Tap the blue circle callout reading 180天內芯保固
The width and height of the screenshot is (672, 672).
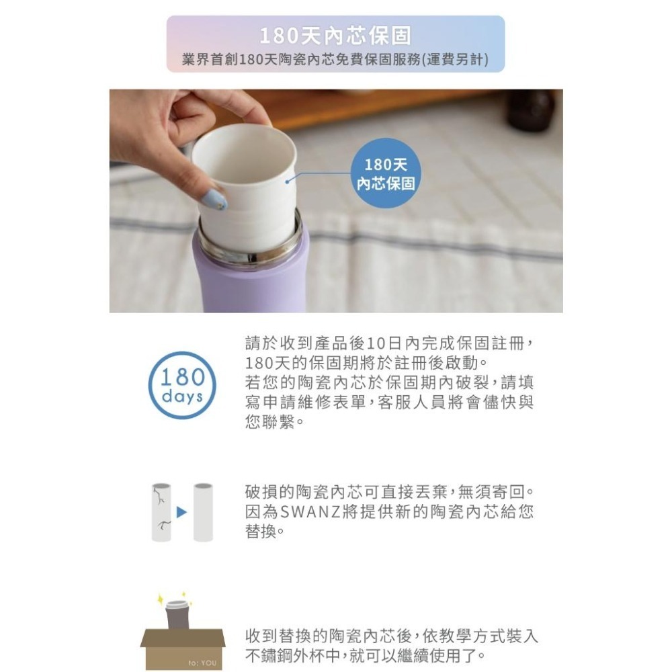click(x=385, y=173)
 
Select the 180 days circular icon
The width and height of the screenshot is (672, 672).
click(x=182, y=385)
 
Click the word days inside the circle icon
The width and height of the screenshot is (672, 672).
click(x=182, y=396)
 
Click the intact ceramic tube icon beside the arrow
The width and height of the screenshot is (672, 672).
click(x=203, y=512)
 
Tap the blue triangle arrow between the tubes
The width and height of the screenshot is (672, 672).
click(x=181, y=512)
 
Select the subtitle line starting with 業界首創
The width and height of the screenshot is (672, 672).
click(x=335, y=59)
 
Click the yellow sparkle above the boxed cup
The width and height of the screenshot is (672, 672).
click(x=162, y=597)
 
